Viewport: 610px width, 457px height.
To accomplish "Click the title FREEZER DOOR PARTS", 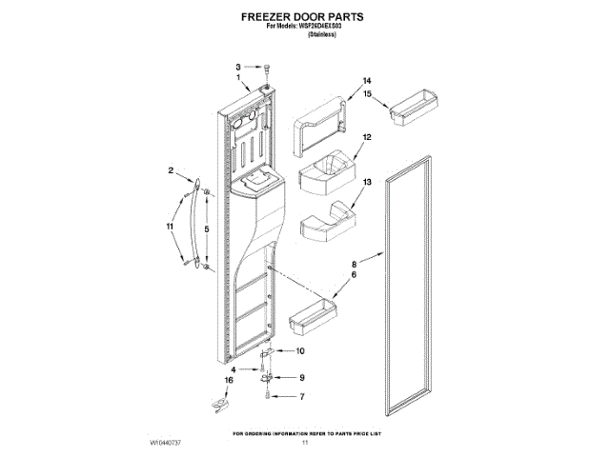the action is pyautogui.click(x=304, y=17).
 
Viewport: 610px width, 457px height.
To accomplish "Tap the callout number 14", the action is pyautogui.click(x=365, y=81).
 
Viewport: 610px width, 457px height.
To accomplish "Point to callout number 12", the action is pyautogui.click(x=365, y=137).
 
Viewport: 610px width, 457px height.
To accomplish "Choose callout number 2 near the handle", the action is pyautogui.click(x=172, y=171).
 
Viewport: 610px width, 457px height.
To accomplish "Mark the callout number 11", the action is pyautogui.click(x=171, y=227).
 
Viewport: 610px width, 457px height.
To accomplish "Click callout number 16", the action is pyautogui.click(x=228, y=381).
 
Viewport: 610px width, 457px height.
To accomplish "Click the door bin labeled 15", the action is pyautogui.click(x=416, y=104).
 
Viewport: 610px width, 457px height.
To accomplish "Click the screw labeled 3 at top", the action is pyautogui.click(x=268, y=68).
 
